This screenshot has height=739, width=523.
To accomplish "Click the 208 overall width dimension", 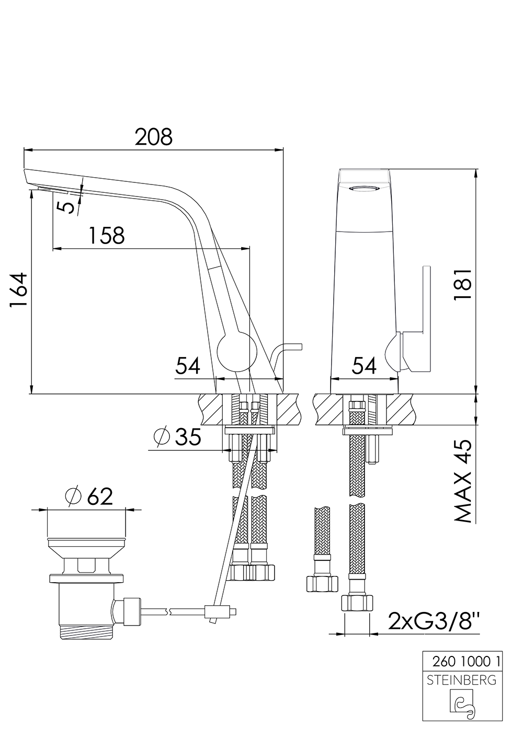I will coord(153,137).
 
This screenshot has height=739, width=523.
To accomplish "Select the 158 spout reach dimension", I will coord(106,235).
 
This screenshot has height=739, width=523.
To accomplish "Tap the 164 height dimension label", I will coord(19,292).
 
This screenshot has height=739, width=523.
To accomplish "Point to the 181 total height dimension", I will coord(462,285).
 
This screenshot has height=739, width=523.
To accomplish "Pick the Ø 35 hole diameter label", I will coord(178,436).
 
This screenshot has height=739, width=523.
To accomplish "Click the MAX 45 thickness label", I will coord(462,481).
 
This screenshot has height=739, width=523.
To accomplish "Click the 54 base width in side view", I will coord(188,366).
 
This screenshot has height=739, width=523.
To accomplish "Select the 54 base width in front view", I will coord(364,366).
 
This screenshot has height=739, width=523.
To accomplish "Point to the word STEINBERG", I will coord(462,680).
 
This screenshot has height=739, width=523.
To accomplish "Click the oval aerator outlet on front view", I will coord(363,189).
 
